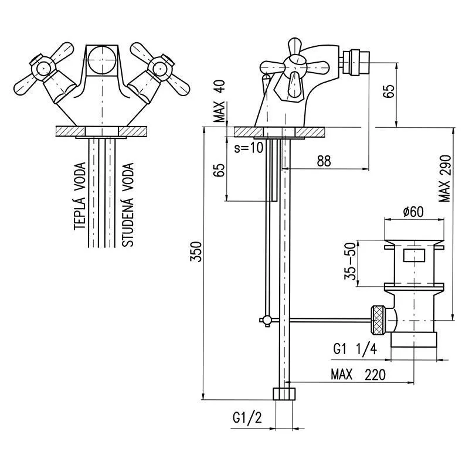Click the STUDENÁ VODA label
pos(128,204)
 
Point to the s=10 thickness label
pos(249,148)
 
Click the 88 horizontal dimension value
pos(324,161)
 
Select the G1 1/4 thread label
pos(353,349)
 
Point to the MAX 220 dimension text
pos(358,375)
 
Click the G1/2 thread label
pos(246,419)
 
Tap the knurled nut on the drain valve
pos(377,320)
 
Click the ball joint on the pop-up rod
pos(266,320)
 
